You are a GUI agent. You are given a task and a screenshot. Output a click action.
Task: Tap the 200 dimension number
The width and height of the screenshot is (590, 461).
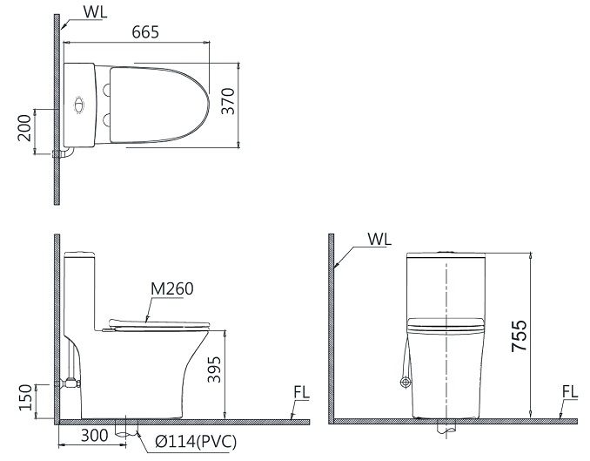pos(24,132)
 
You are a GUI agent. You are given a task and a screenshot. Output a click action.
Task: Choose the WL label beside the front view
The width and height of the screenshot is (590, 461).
pos(379,238)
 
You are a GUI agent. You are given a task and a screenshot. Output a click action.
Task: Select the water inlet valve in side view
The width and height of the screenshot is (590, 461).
pos(69,382)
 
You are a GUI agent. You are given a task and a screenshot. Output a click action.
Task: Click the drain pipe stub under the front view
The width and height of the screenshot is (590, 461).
pos(447,430)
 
